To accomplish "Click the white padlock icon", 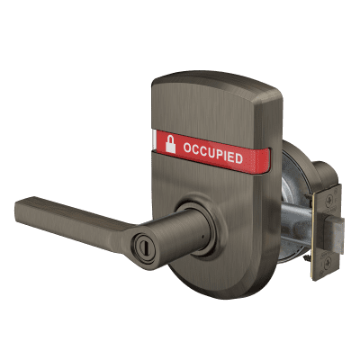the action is click(x=170, y=144).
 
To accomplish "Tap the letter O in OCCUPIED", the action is click(x=188, y=148).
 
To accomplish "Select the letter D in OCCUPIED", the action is click(x=238, y=158).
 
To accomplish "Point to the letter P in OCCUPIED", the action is click(x=220, y=155).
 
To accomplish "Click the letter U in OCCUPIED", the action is click(x=212, y=153).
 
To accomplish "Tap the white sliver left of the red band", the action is click(x=154, y=140).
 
